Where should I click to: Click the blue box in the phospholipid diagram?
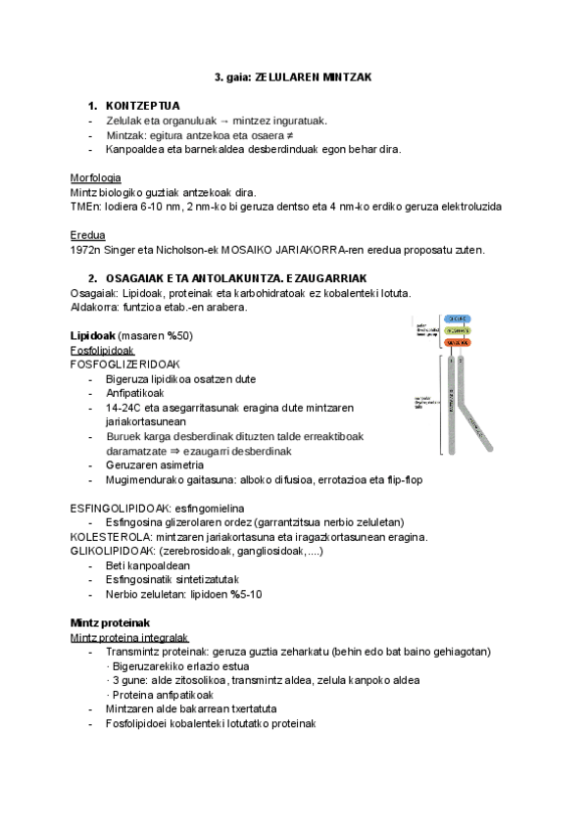point(456,319)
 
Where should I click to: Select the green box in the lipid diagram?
point(456,331)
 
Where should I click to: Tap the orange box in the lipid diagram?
point(456,343)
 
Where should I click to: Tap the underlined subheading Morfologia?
point(96,178)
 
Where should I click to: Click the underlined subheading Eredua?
point(88,236)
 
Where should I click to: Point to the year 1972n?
point(87,251)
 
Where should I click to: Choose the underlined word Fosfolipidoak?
point(103,350)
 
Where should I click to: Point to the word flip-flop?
point(404,480)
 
